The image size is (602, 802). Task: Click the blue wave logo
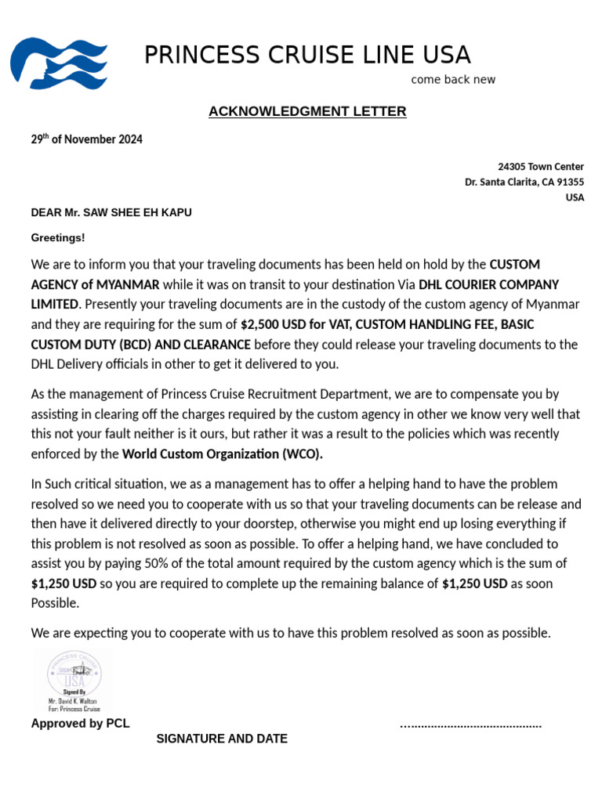click(59, 62)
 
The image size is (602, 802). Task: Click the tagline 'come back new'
click(453, 80)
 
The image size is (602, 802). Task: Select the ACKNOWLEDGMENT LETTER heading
click(307, 111)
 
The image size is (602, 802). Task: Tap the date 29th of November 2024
click(86, 139)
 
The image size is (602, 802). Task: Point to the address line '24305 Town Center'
click(541, 167)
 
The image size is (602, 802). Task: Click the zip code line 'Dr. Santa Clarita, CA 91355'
click(524, 182)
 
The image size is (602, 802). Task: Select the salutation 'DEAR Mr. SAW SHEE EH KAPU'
click(111, 212)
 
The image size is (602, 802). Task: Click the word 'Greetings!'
click(58, 237)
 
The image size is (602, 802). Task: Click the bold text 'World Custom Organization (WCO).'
click(223, 453)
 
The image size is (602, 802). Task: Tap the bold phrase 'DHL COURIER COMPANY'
click(489, 284)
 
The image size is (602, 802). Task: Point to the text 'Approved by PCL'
click(80, 724)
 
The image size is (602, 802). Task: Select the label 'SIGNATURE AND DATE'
click(222, 739)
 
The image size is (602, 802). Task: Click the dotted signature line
click(470, 725)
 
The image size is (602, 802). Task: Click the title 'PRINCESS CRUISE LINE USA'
click(307, 56)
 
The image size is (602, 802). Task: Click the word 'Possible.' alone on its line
click(55, 603)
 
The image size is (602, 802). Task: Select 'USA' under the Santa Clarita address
click(575, 197)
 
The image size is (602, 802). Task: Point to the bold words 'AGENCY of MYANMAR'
click(95, 284)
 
